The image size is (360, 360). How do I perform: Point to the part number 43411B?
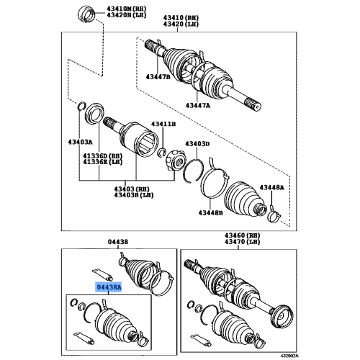[163, 125]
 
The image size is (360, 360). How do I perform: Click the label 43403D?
[196, 144]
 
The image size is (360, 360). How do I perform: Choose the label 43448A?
[271, 187]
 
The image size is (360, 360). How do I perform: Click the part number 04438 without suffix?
[117, 243]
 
